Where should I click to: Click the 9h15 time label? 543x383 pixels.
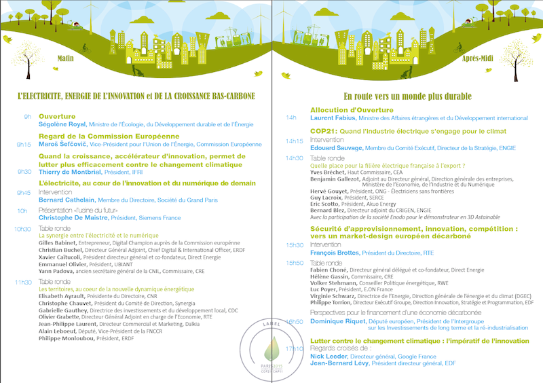[x=24, y=145]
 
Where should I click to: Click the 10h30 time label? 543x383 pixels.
[x=22, y=229]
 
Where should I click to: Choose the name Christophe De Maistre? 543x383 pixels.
[x=69, y=219]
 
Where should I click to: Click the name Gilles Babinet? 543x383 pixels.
[x=57, y=242]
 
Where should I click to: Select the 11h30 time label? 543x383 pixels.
[x=22, y=281]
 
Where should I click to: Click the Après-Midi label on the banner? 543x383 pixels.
[x=477, y=58]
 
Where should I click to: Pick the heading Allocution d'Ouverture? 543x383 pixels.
[x=351, y=110]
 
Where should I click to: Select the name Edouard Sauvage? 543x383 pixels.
[x=336, y=147]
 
